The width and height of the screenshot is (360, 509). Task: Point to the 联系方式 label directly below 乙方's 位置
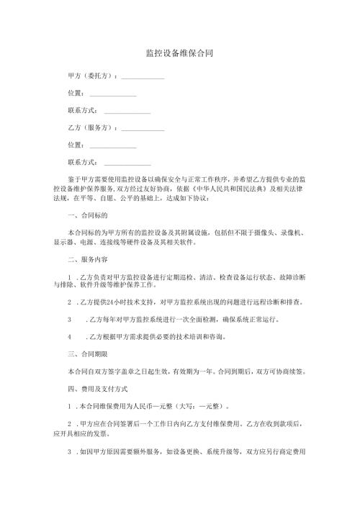click(83, 163)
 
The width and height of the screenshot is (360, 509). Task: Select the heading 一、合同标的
click(87, 215)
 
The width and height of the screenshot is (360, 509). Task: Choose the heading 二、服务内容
click(87, 259)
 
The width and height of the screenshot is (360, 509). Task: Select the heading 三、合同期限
click(87, 353)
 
